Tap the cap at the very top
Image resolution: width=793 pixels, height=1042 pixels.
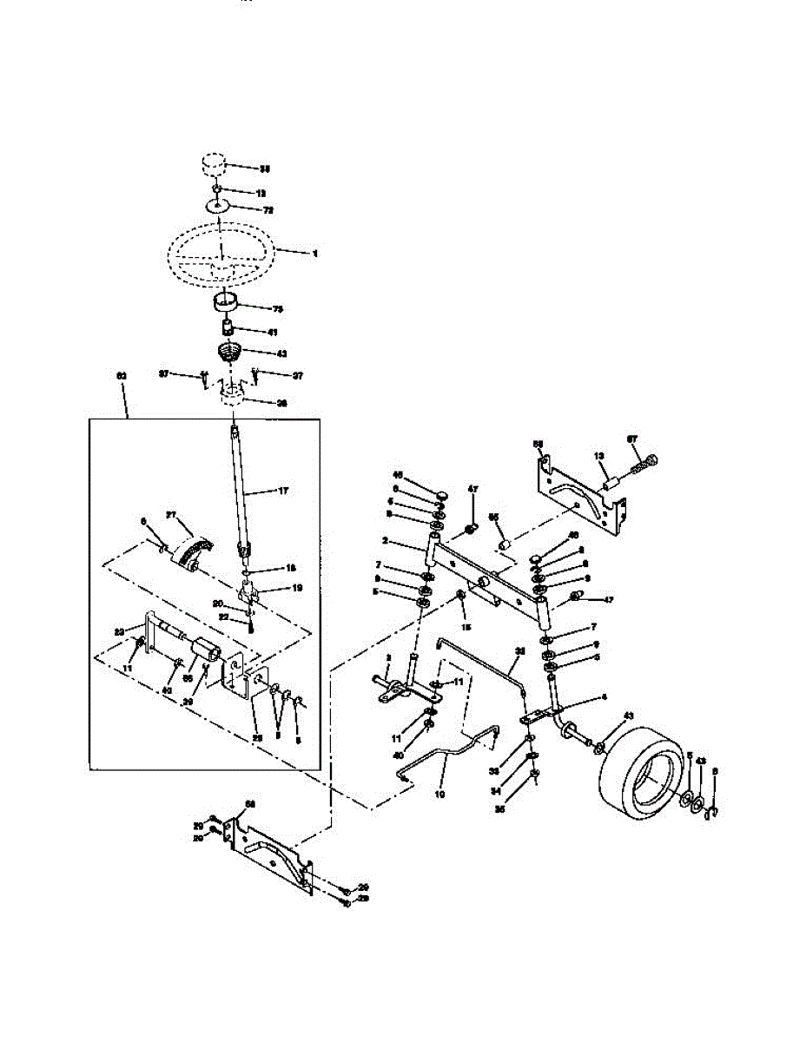coord(214,164)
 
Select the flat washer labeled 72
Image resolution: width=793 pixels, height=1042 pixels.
coord(218,207)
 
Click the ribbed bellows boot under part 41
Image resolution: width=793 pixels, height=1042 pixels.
coord(229,354)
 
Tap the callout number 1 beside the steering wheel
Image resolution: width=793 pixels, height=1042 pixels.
coord(315,254)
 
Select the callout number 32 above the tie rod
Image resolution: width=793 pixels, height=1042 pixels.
coord(520,650)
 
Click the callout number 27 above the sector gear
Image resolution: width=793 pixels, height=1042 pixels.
coord(170,515)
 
